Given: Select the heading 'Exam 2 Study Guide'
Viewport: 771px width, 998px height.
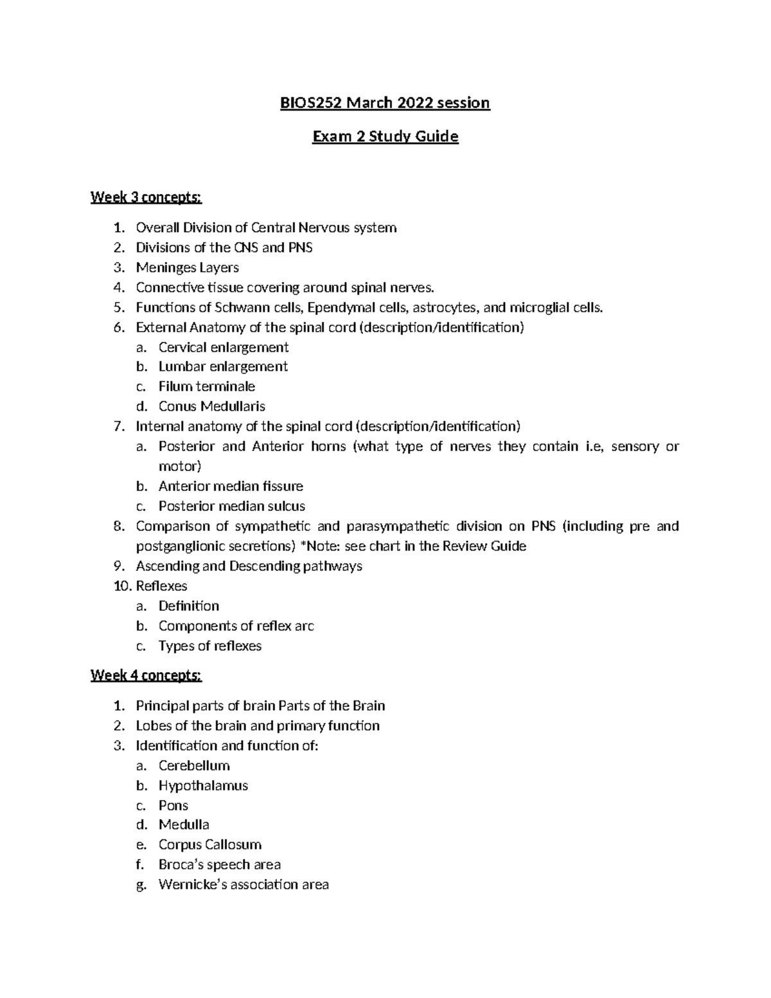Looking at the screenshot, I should (x=385, y=136).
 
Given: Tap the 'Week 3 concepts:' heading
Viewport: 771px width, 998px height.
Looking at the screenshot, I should (x=146, y=197).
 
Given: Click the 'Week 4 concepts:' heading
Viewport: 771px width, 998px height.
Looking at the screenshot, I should (x=146, y=675).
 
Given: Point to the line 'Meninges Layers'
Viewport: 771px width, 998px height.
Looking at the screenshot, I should (x=187, y=267).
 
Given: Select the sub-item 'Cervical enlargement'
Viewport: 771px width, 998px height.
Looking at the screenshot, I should (x=223, y=348).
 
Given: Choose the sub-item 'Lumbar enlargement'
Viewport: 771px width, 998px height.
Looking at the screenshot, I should (x=223, y=366).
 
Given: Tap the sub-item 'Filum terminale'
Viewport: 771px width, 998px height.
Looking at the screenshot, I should (x=206, y=386).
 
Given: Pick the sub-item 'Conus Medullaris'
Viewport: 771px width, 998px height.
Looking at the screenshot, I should (x=211, y=406).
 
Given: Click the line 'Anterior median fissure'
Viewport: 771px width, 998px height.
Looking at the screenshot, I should (x=231, y=486).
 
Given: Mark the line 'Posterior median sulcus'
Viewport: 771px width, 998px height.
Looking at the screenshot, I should (x=231, y=506).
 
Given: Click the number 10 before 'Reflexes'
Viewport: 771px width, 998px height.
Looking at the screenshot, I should (x=121, y=586).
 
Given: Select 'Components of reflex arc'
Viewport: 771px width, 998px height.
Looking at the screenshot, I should (x=236, y=626).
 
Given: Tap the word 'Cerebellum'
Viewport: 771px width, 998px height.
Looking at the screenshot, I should (x=194, y=765).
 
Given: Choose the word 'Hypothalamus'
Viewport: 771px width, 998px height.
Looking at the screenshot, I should (x=203, y=785).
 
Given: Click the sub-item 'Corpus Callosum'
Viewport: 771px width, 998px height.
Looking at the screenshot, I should (x=209, y=844).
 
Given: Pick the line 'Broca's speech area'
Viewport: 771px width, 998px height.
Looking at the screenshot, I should (x=219, y=864).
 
